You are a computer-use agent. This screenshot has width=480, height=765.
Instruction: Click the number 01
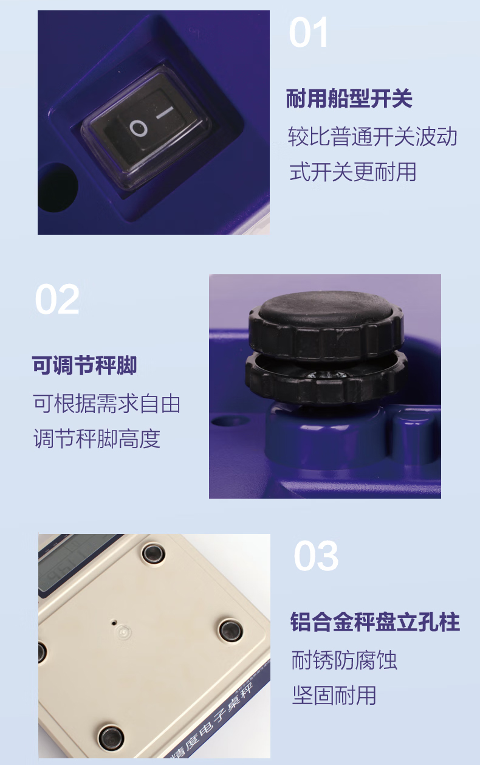pos(309,32)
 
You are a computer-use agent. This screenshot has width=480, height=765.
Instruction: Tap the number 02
pos(57,299)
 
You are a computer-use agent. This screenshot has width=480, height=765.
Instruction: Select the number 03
pos(316,556)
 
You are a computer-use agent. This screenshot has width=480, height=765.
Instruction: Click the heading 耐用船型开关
pos(349,99)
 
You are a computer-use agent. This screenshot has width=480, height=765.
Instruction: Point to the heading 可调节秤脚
pos(84,365)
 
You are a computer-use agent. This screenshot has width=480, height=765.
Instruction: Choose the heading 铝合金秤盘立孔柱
pos(375,622)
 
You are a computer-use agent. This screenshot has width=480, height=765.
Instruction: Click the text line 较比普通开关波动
pos(372,136)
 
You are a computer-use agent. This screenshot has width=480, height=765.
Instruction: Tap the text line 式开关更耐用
pos(352,172)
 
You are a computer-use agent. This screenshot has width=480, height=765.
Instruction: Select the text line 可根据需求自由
pos(106,404)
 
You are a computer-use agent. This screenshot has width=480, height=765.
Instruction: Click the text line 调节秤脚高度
pos(97,438)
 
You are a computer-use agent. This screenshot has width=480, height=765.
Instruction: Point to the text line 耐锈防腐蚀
pos(344,660)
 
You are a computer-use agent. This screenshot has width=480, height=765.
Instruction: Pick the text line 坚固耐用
pos(334,695)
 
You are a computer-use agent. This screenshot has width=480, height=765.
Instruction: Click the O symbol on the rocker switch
pos(138,128)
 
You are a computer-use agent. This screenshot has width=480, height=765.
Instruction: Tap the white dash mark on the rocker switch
pos(165,113)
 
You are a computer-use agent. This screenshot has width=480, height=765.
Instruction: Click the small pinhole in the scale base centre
pos(114,623)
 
